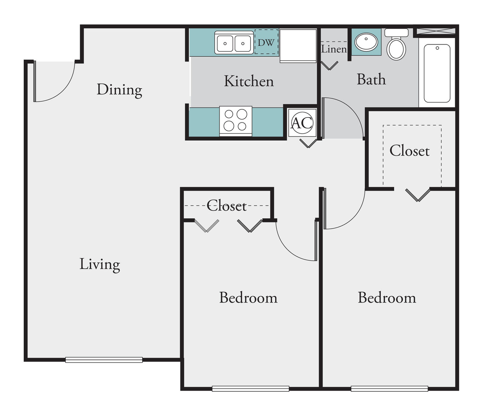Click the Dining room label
[x=119, y=90]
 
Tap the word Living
[x=100, y=265]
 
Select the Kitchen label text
[x=249, y=81]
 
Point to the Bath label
[x=371, y=79]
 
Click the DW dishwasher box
[x=266, y=42]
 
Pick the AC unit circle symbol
[x=302, y=123]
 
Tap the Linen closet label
[x=334, y=49]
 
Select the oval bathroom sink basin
[x=366, y=42]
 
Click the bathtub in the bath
[x=437, y=73]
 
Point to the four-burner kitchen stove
[x=236, y=121]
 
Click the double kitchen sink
[x=234, y=43]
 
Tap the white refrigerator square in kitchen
[x=298, y=46]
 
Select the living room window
[x=104, y=360]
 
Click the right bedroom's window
[x=390, y=389]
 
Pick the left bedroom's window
[x=251, y=389]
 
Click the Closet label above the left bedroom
[x=226, y=206]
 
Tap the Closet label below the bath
[x=410, y=150]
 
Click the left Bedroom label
[x=248, y=298]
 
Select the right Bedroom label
[x=387, y=298]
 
